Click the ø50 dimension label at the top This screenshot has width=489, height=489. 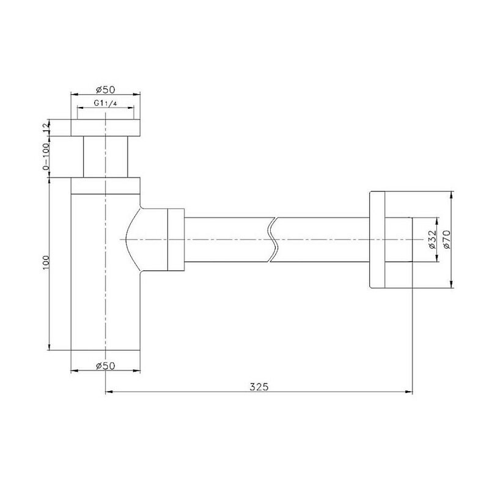click(x=105, y=90)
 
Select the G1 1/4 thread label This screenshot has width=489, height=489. click(x=105, y=103)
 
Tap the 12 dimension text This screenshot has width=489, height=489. click(x=46, y=127)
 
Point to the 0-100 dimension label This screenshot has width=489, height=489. click(x=46, y=157)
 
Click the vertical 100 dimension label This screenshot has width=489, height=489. click(x=46, y=263)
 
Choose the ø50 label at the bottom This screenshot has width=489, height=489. click(x=105, y=366)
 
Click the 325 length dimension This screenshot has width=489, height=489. click(x=259, y=387)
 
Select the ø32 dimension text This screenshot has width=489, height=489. click(x=432, y=239)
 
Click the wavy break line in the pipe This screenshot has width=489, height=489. click(x=272, y=240)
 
